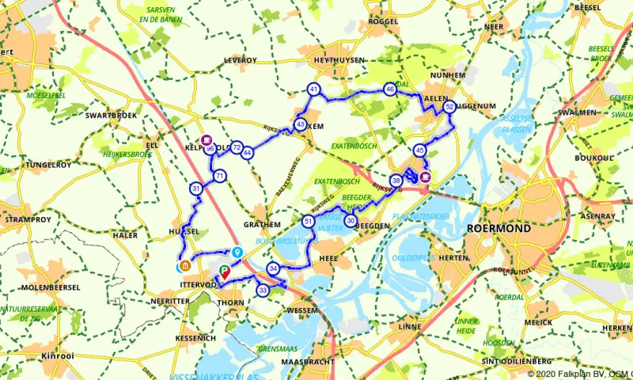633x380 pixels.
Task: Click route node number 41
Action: click(314, 89)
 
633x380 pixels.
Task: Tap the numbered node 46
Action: click(389, 89)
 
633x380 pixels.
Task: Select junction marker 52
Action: click(449, 106)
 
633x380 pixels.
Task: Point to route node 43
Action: click(301, 124)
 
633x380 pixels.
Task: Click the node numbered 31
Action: click(195, 188)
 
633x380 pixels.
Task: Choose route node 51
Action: click(308, 221)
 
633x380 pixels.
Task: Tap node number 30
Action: click(351, 221)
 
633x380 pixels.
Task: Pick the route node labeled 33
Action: click(263, 291)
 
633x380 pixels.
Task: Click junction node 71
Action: click(220, 176)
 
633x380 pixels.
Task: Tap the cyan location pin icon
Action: click(237, 253)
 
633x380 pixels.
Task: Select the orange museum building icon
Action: click(184, 266)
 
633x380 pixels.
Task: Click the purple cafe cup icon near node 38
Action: click(426, 177)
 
